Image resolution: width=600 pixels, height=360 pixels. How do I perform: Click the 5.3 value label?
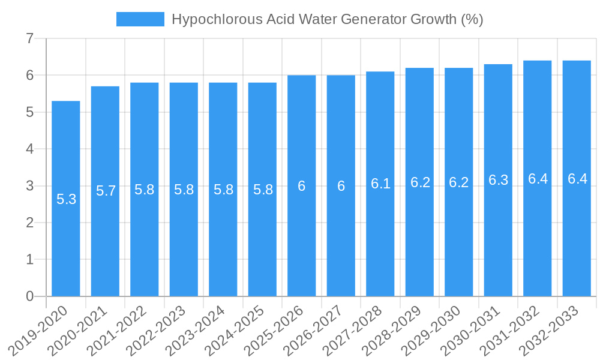[66, 199]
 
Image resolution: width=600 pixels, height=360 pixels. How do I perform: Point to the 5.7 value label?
[106, 191]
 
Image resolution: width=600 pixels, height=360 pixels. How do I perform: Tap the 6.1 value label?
[380, 184]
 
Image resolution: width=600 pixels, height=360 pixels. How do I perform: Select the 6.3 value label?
[498, 180]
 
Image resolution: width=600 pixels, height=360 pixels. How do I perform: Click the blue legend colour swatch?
[140, 19]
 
